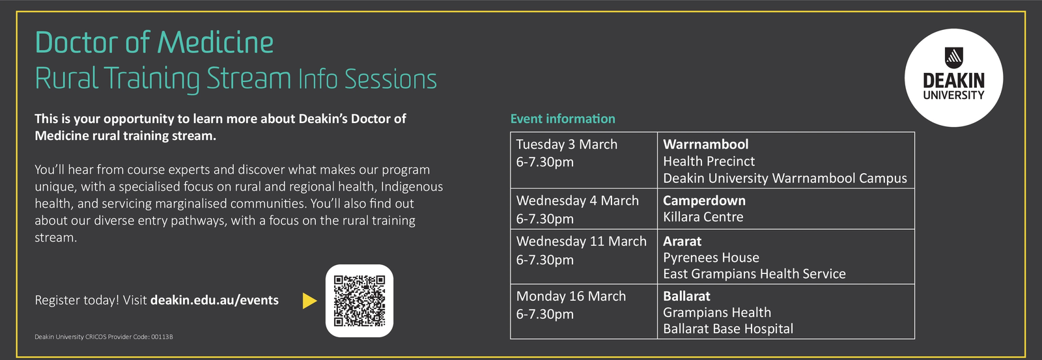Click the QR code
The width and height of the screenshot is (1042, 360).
tap(359, 301)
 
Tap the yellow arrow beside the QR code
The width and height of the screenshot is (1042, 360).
tap(310, 301)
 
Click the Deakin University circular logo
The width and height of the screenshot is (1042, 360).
tap(953, 77)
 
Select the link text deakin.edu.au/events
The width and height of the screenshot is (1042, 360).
tap(214, 300)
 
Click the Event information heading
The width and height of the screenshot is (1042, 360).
tap(563, 118)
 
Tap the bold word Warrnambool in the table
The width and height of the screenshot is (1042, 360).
tap(706, 144)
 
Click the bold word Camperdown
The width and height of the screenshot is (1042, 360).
tap(704, 201)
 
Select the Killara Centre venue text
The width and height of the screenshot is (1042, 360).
tap(703, 217)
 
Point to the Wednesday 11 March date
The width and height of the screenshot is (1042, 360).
tap(582, 241)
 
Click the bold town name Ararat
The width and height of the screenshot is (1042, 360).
tap(682, 241)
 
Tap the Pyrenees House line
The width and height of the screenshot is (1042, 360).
tap(711, 257)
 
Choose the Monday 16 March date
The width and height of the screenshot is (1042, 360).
tap(571, 296)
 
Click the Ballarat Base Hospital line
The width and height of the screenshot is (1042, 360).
tap(728, 329)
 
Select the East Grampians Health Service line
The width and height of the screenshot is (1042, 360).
tap(754, 273)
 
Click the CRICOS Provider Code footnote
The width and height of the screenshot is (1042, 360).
tap(104, 337)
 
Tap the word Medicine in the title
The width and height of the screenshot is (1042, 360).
tap(216, 42)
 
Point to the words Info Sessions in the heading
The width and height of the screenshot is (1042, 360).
tap(367, 79)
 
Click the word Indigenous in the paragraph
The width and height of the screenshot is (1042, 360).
tap(412, 187)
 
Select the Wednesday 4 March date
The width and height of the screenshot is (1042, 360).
tap(577, 201)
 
